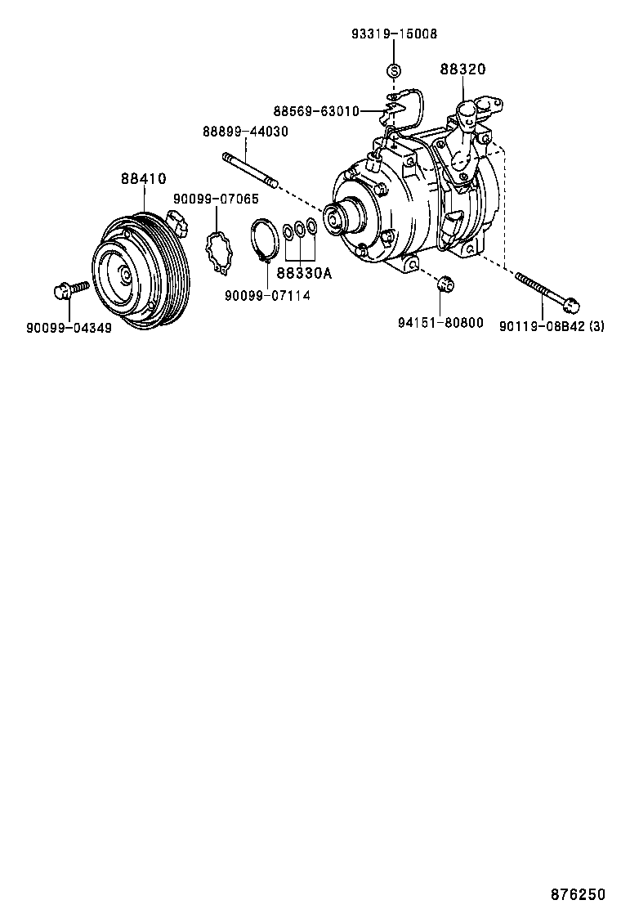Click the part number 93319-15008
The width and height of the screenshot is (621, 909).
394,34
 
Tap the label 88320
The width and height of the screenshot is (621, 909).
462,70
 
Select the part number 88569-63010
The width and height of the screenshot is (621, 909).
315,111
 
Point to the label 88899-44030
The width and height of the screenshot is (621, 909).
245,131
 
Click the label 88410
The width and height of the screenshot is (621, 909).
144,178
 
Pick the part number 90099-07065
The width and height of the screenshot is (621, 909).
216,199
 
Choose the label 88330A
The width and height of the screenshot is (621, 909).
303,274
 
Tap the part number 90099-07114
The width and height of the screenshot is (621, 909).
269,295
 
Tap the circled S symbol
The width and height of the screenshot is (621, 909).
393,71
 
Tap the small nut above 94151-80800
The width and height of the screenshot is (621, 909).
445,284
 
